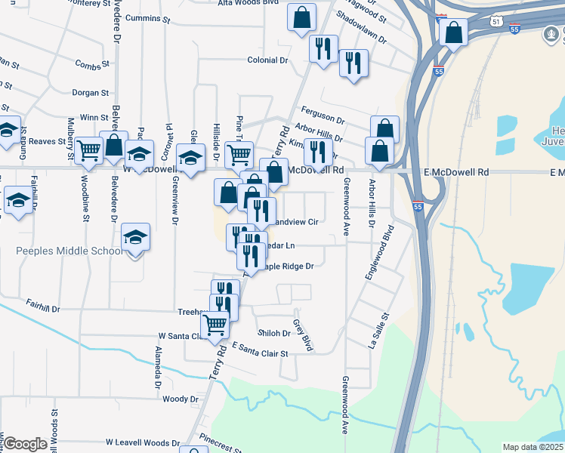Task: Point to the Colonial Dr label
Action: point(268,60)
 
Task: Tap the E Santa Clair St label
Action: point(261,350)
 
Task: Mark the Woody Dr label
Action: point(180,399)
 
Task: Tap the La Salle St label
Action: point(378,330)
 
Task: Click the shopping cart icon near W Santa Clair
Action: point(215,325)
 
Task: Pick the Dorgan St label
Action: point(91,93)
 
